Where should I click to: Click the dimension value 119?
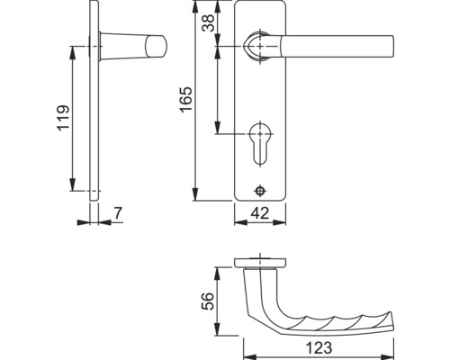click(62, 117)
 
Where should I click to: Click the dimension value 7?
click(118, 213)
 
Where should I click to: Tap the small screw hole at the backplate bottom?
click(260, 191)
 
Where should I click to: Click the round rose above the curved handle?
click(260, 262)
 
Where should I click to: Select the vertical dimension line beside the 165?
click(195, 104)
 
